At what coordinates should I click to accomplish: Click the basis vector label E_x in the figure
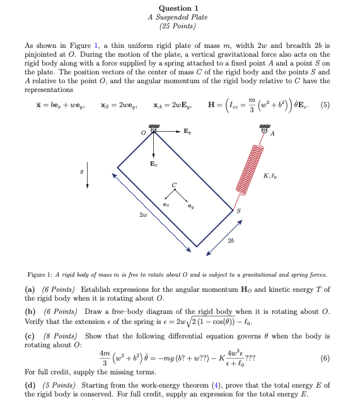(153, 162)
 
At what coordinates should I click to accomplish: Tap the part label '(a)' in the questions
(30, 289)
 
